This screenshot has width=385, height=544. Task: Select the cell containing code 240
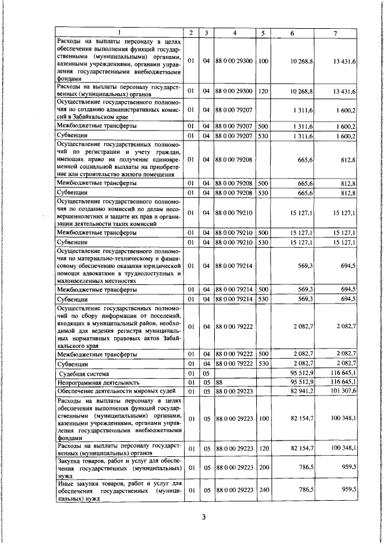pyautogui.click(x=263, y=489)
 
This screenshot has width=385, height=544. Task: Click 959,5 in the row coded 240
pyautogui.click(x=348, y=489)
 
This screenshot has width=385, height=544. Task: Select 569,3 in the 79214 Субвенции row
pyautogui.click(x=304, y=299)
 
